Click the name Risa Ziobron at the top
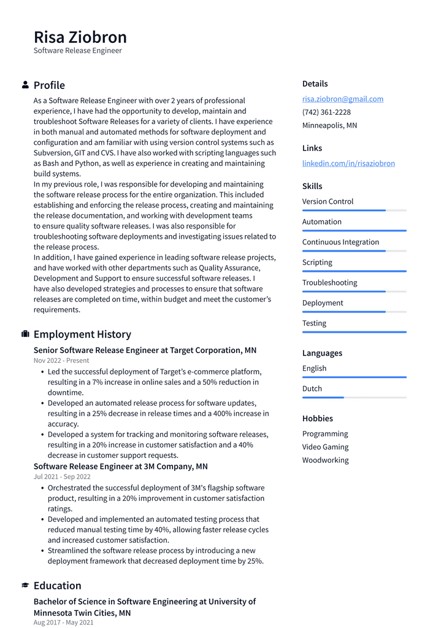tap(80, 37)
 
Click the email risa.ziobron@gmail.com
tap(342, 99)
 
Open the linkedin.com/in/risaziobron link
tap(348, 163)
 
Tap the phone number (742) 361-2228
tap(326, 112)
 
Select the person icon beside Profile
tap(25, 85)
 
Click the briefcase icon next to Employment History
tap(25, 334)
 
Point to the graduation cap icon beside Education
tap(25, 586)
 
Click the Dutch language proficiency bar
tap(354, 397)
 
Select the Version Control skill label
tap(327, 201)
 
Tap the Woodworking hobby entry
tap(325, 460)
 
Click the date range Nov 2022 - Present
tap(61, 361)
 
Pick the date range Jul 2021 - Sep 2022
tap(62, 477)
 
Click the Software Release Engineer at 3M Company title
tap(121, 467)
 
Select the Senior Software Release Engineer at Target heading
tap(145, 351)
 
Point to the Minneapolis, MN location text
tap(329, 125)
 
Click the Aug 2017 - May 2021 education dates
tap(64, 622)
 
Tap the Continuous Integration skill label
tap(340, 242)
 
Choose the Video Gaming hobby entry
tap(325, 447)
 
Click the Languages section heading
tap(322, 353)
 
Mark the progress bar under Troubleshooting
tap(354, 291)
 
